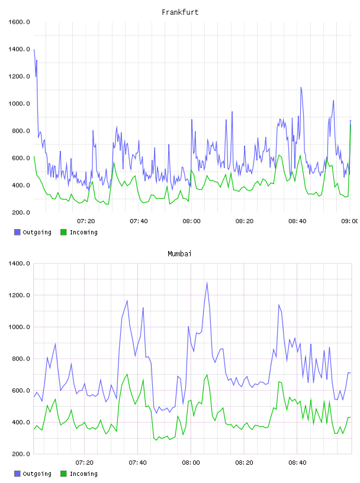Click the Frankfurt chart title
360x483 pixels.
pyautogui.click(x=180, y=12)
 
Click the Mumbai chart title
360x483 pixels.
pyautogui.click(x=179, y=254)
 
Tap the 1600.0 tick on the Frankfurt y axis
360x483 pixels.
pyautogui.click(x=19, y=22)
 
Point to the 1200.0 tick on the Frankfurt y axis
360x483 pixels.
pyautogui.click(x=19, y=76)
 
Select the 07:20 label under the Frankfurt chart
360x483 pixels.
pyautogui.click(x=86, y=221)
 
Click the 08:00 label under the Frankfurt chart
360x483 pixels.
pyautogui.click(x=191, y=221)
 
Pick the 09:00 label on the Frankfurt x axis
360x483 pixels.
pyautogui.click(x=350, y=221)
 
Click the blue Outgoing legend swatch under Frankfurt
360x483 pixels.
pyautogui.click(x=17, y=232)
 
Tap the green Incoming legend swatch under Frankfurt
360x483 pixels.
pyautogui.click(x=63, y=232)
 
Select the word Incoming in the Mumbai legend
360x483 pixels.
pyautogui.click(x=83, y=474)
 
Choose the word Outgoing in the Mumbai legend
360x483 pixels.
pyautogui.click(x=37, y=474)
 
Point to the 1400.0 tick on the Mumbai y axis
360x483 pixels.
pyautogui.click(x=19, y=263)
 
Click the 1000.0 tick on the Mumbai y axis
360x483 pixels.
pyautogui.click(x=19, y=327)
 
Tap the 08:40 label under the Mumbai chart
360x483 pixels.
pyautogui.click(x=297, y=463)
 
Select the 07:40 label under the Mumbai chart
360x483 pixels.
pyautogui.click(x=138, y=463)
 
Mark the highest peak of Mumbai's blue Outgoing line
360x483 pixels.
pyautogui.click(x=207, y=282)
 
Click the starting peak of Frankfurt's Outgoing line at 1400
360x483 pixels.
pyautogui.click(x=34, y=49)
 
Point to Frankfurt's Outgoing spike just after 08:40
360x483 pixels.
pyautogui.click(x=301, y=88)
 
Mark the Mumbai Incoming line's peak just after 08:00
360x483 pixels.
pyautogui.click(x=207, y=375)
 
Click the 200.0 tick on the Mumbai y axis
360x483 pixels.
pyautogui.click(x=19, y=454)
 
